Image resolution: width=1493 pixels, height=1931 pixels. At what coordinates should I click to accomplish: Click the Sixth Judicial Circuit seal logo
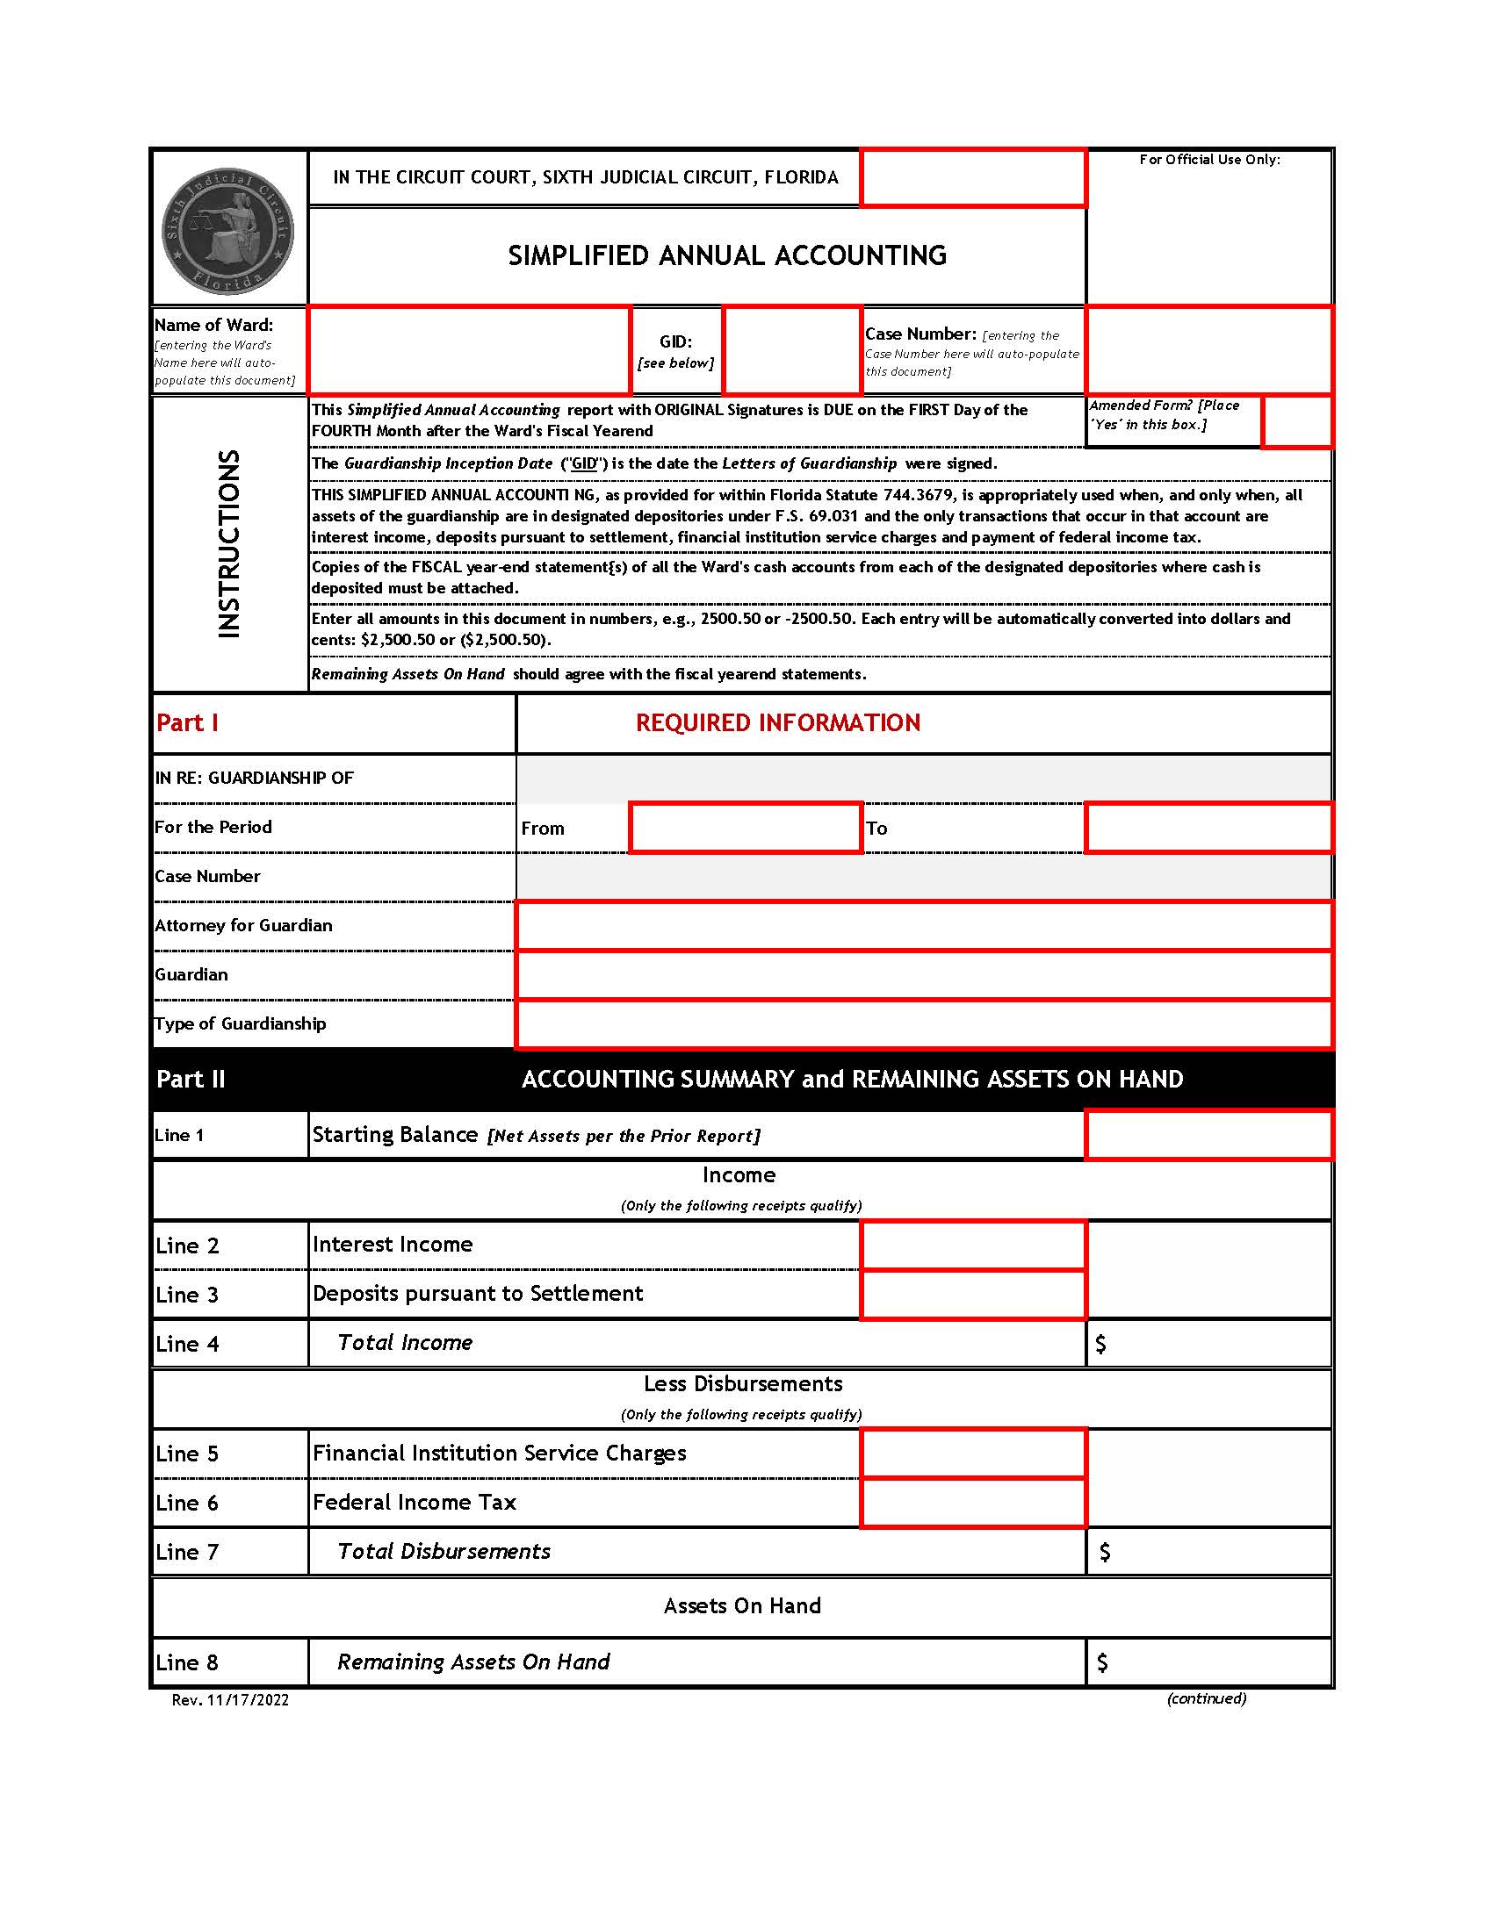pyautogui.click(x=228, y=232)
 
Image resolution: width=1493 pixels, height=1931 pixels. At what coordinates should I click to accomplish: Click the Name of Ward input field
pyautogui.click(x=470, y=350)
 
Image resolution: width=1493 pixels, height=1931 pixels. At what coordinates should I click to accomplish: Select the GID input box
pyautogui.click(x=791, y=350)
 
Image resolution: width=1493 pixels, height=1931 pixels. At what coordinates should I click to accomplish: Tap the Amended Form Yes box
pyautogui.click(x=1295, y=421)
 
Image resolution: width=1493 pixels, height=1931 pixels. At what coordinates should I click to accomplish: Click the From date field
pyautogui.click(x=746, y=828)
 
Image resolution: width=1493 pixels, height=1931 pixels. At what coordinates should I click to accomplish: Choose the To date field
pyautogui.click(x=1208, y=828)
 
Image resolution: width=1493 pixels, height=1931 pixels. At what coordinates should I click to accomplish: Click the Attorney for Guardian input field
pyautogui.click(x=922, y=926)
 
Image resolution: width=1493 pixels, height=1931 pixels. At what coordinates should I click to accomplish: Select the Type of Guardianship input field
pyautogui.click(x=922, y=1023)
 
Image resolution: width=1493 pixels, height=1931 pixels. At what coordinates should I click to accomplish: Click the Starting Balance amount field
pyautogui.click(x=1208, y=1134)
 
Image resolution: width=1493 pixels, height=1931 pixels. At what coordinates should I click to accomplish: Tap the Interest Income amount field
pyautogui.click(x=973, y=1245)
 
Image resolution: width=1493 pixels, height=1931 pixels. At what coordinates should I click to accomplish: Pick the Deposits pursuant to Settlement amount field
pyautogui.click(x=973, y=1295)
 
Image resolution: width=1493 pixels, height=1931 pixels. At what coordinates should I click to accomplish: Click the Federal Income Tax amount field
pyautogui.click(x=973, y=1502)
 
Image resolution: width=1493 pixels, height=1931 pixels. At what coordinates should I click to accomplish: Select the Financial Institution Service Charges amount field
pyautogui.click(x=973, y=1453)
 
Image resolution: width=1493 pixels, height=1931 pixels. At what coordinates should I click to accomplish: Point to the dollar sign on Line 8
pyautogui.click(x=1102, y=1662)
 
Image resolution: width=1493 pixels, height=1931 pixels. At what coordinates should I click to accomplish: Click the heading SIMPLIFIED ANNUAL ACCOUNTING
pyautogui.click(x=727, y=255)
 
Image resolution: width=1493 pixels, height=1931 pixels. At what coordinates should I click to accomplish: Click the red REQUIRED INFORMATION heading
pyautogui.click(x=777, y=722)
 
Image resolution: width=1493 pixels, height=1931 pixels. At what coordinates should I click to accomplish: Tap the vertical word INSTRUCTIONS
pyautogui.click(x=229, y=544)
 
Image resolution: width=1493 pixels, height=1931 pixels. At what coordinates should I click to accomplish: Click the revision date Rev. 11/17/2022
pyautogui.click(x=230, y=1699)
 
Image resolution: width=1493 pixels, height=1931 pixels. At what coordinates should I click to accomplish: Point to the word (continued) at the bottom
pyautogui.click(x=1206, y=1698)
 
